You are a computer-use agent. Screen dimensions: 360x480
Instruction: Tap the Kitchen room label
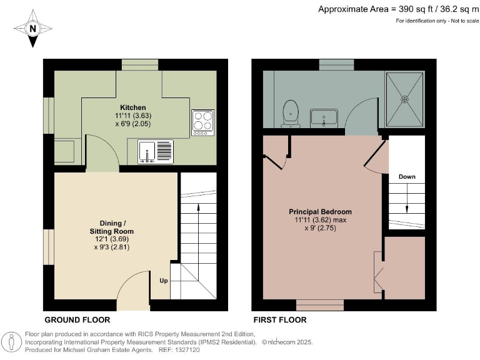pos(132,107)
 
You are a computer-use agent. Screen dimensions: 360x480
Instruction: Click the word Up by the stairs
pos(163,280)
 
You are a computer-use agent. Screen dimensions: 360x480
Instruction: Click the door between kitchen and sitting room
pos(101,153)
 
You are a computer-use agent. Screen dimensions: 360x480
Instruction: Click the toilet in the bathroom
pos(290,113)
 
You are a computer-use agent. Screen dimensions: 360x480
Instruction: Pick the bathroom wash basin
pos(324,117)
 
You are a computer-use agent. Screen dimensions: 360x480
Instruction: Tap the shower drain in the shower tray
pos(404,98)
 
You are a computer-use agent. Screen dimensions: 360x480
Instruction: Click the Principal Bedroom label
pos(320,211)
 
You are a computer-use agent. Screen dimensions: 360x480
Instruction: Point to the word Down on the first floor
pos(407,177)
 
